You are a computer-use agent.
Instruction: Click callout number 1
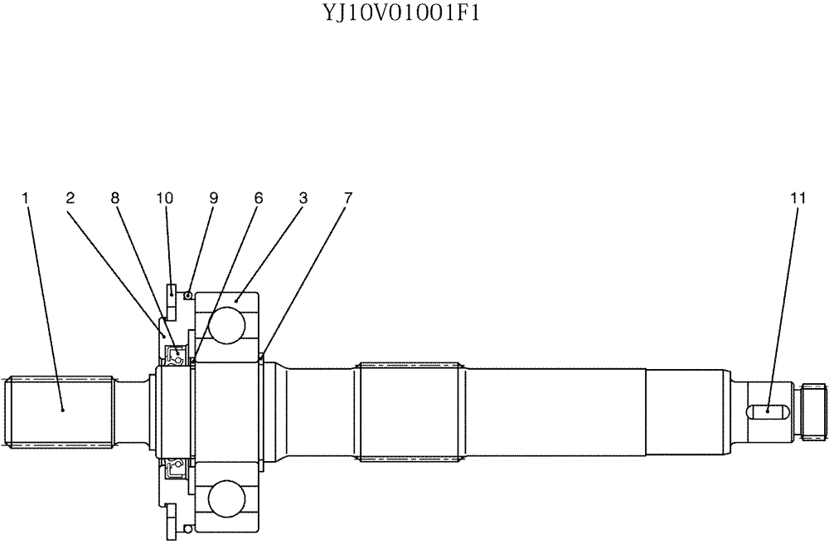click(x=26, y=198)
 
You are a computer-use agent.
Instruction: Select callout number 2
click(x=70, y=198)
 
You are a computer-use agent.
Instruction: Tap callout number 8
click(x=114, y=198)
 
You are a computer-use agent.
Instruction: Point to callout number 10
click(x=165, y=198)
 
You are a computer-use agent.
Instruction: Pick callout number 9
click(x=213, y=198)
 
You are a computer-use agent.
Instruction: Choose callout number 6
click(x=259, y=198)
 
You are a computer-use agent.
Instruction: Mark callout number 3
click(x=303, y=198)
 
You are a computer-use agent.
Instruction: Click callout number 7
click(x=348, y=198)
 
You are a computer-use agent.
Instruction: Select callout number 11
click(x=797, y=198)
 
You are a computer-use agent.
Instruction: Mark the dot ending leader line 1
click(x=63, y=409)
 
